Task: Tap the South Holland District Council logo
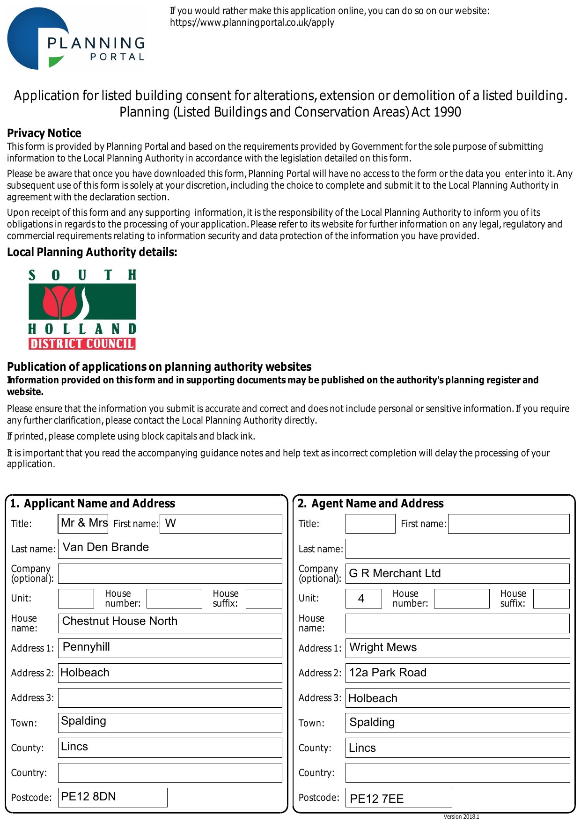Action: point(82,309)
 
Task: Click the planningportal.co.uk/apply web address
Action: point(252,22)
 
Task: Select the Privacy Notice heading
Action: point(44,133)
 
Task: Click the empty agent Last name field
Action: point(457,549)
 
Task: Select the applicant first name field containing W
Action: point(221,523)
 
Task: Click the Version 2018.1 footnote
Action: point(461,817)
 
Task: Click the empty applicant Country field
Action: point(170,772)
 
